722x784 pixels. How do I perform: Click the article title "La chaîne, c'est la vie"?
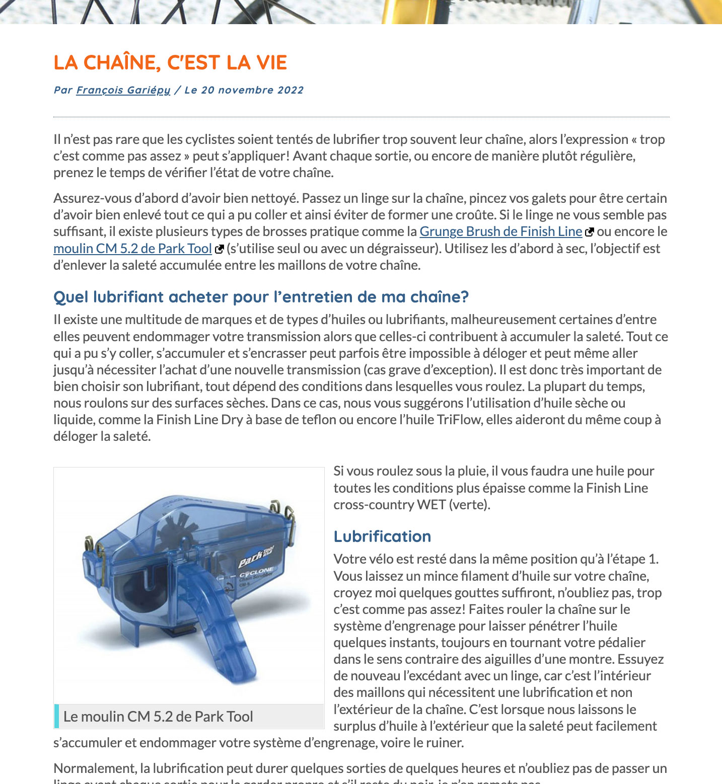pos(170,62)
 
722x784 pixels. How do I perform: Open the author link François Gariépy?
pos(123,90)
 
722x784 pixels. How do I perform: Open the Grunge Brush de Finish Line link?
pos(500,231)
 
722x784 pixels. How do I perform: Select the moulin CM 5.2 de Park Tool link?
pos(132,249)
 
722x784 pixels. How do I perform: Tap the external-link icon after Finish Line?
pos(589,232)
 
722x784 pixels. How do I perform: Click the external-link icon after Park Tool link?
pos(219,249)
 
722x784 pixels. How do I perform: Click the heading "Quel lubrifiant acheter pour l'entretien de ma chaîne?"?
pos(261,297)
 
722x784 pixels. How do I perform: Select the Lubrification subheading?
pos(382,536)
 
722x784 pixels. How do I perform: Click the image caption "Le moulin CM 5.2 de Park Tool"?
pos(158,717)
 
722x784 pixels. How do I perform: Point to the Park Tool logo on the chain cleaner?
pos(256,557)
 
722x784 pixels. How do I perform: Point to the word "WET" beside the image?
pos(431,505)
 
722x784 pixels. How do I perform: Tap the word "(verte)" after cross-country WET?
pos(469,505)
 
